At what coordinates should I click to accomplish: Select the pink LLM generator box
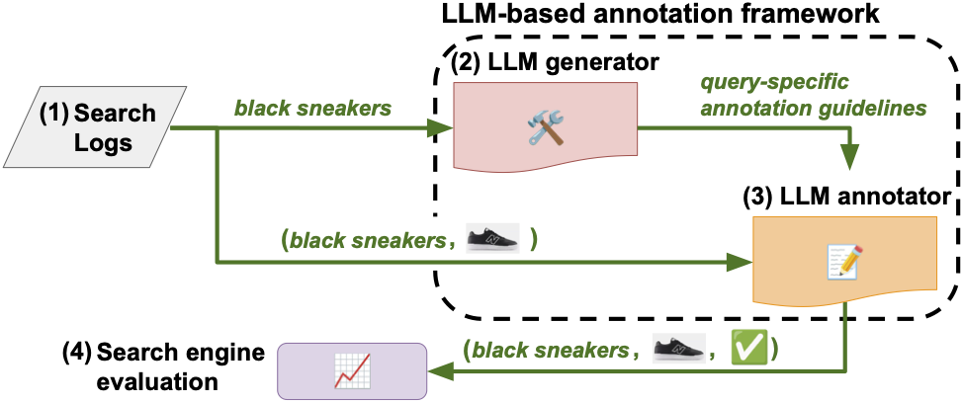click(544, 125)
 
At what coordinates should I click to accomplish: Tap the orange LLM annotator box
click(842, 259)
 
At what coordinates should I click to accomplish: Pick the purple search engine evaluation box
click(351, 370)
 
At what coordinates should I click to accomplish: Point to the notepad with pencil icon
click(842, 259)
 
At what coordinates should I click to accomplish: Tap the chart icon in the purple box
click(351, 370)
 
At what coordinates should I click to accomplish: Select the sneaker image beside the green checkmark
click(681, 348)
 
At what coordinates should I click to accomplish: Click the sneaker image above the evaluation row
click(491, 240)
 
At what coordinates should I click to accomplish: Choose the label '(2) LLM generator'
click(554, 64)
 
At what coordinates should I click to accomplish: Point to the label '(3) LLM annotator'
click(847, 197)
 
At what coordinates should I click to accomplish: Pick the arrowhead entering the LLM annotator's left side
click(742, 262)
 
